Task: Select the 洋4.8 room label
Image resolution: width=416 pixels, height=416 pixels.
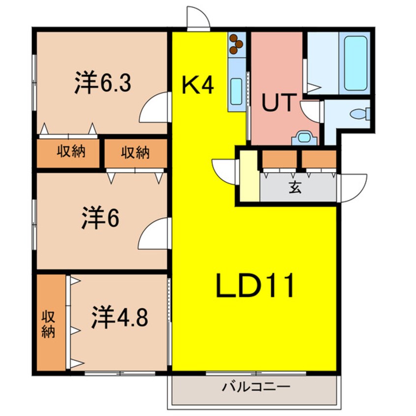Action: (x=119, y=318)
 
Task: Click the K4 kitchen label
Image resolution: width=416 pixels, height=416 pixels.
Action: (x=198, y=86)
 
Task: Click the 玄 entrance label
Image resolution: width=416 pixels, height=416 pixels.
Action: (x=295, y=187)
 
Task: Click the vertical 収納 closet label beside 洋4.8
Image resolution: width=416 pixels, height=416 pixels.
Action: (x=48, y=323)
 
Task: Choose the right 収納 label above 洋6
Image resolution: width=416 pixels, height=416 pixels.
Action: (x=135, y=153)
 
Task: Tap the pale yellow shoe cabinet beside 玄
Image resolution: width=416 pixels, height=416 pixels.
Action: (x=249, y=176)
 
